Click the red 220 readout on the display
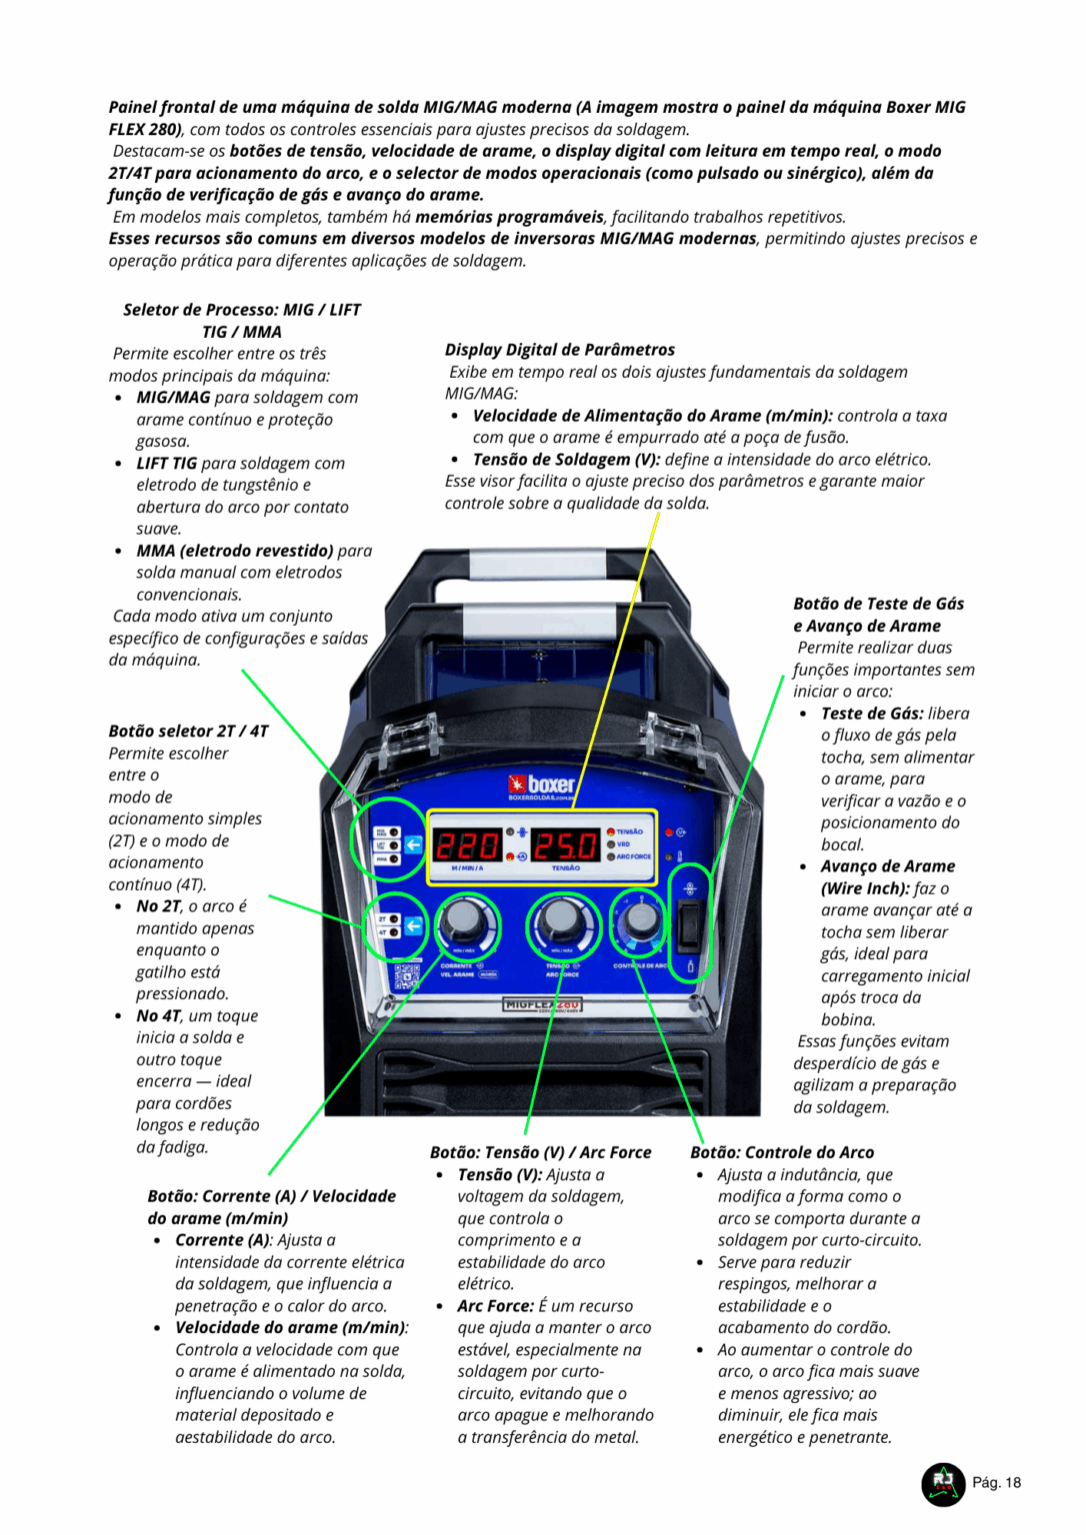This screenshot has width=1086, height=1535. pyautogui.click(x=466, y=845)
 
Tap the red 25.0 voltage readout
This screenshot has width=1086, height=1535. pyautogui.click(x=566, y=845)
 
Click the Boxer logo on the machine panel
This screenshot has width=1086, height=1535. pyautogui.click(x=541, y=785)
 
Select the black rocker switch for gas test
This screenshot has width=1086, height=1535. pyautogui.click(x=689, y=924)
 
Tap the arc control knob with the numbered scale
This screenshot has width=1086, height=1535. pyautogui.click(x=641, y=919)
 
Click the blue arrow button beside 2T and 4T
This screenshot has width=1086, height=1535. pyautogui.click(x=412, y=926)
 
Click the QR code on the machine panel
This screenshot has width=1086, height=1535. pyautogui.click(x=408, y=976)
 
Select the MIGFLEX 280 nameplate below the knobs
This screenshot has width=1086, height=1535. pyautogui.click(x=542, y=1004)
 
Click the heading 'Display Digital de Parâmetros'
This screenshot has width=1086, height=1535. pyautogui.click(x=559, y=350)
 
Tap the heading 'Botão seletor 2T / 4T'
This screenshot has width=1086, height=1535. pyautogui.click(x=188, y=732)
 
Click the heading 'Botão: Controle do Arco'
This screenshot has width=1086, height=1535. pyautogui.click(x=782, y=1152)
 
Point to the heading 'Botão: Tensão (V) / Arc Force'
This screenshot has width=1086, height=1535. pyautogui.click(x=540, y=1152)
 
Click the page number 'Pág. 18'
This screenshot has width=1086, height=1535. pyautogui.click(x=996, y=1483)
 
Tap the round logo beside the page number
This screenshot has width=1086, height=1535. pyautogui.click(x=942, y=1483)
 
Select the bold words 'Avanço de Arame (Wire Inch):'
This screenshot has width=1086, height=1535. pyautogui.click(x=887, y=877)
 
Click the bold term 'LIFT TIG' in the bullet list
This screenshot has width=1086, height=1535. pyautogui.click(x=167, y=464)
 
